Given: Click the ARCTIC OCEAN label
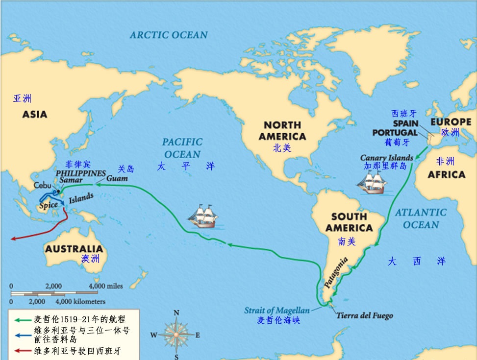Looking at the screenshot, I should (169, 35).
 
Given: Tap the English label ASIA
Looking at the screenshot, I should (34, 115).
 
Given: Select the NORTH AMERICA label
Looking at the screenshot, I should (282, 131).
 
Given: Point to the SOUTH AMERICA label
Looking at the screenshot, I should (349, 222).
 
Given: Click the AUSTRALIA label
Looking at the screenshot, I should (74, 249).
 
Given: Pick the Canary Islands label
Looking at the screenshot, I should (386, 158).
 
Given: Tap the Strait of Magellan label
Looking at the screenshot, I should (277, 311).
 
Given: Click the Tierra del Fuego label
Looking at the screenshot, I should (364, 316).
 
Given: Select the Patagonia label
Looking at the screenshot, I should (336, 272).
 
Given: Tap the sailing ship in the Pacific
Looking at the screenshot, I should (203, 216).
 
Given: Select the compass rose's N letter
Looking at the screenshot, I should (176, 313).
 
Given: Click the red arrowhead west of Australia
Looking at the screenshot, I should (14, 239).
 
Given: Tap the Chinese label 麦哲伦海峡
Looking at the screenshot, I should (278, 321).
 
